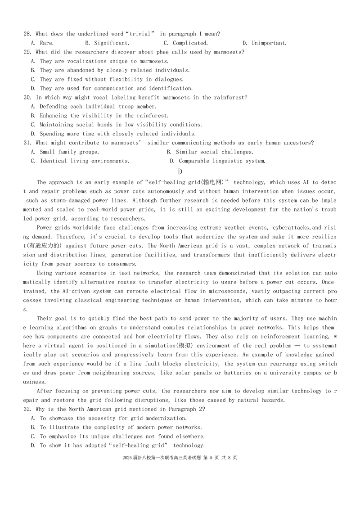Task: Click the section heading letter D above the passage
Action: pyautogui.click(x=180, y=171)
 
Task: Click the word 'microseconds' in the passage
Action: pyautogui.click(x=211, y=291)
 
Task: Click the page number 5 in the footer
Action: pyautogui.click(x=210, y=458)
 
